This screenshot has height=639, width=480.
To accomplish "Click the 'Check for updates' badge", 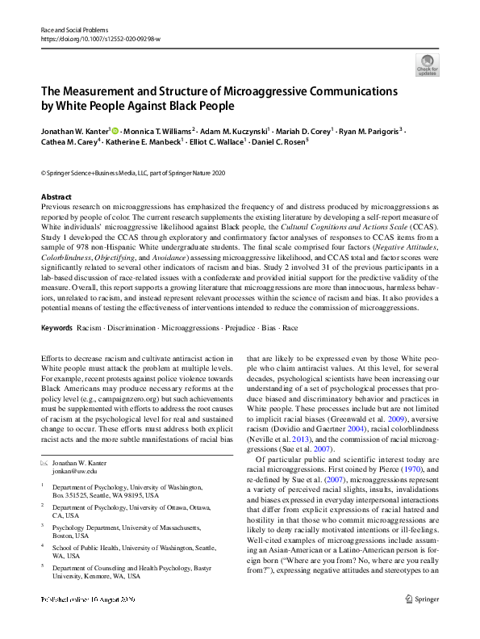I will [427, 64].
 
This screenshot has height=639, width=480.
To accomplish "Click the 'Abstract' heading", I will [56, 196].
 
